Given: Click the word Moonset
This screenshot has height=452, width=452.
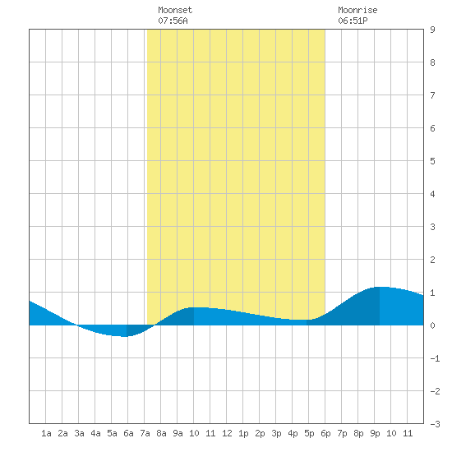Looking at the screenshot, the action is click(175, 10).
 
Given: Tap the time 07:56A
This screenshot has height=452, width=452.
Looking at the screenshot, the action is click(173, 21).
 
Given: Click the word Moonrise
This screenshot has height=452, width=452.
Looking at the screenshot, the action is click(357, 10).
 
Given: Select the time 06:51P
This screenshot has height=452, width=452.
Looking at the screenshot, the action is click(353, 21).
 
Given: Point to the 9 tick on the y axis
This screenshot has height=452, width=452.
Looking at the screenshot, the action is click(432, 30).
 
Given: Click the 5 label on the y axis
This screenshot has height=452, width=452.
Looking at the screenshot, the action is click(432, 161).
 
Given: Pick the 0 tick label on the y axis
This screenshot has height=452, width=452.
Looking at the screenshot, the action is click(432, 325).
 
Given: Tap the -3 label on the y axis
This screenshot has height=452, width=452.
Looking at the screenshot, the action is click(435, 424).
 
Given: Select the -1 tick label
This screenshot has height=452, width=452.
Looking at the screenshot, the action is click(435, 358).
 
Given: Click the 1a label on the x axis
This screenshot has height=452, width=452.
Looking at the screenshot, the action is click(46, 433).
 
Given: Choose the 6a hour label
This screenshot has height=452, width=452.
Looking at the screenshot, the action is click(128, 433).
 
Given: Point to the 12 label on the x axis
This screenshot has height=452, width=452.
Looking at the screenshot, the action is click(227, 433).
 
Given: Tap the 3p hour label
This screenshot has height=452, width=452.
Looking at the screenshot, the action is click(276, 433).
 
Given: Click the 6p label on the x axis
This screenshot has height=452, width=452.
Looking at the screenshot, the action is click(325, 433).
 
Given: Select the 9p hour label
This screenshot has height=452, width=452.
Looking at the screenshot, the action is click(375, 433).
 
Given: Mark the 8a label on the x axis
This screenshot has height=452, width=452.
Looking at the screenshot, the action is click(161, 433).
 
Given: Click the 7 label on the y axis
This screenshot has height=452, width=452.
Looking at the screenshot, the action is click(432, 95).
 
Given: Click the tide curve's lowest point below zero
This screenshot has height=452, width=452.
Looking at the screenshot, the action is click(125, 336).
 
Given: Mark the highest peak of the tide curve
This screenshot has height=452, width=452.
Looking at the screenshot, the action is click(380, 287).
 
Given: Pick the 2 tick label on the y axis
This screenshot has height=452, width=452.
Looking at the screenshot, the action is click(432, 260).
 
